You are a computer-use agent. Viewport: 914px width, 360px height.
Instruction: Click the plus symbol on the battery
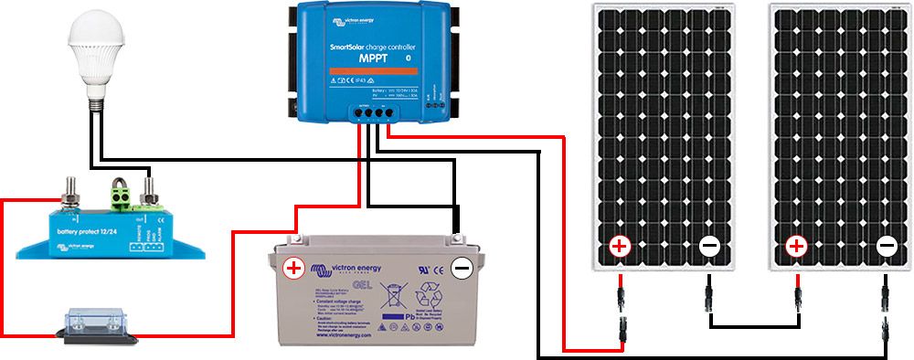[293, 269]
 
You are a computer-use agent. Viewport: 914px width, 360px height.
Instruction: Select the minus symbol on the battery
[462, 268]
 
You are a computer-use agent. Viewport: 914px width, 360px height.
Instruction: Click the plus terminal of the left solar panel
[620, 246]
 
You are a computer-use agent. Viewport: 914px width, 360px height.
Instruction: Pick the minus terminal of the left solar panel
[708, 246]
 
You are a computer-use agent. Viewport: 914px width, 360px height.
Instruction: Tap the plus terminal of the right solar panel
[797, 246]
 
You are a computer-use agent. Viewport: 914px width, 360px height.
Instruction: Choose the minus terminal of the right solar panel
[886, 246]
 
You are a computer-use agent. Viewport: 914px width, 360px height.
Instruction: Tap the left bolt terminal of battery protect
[69, 195]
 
